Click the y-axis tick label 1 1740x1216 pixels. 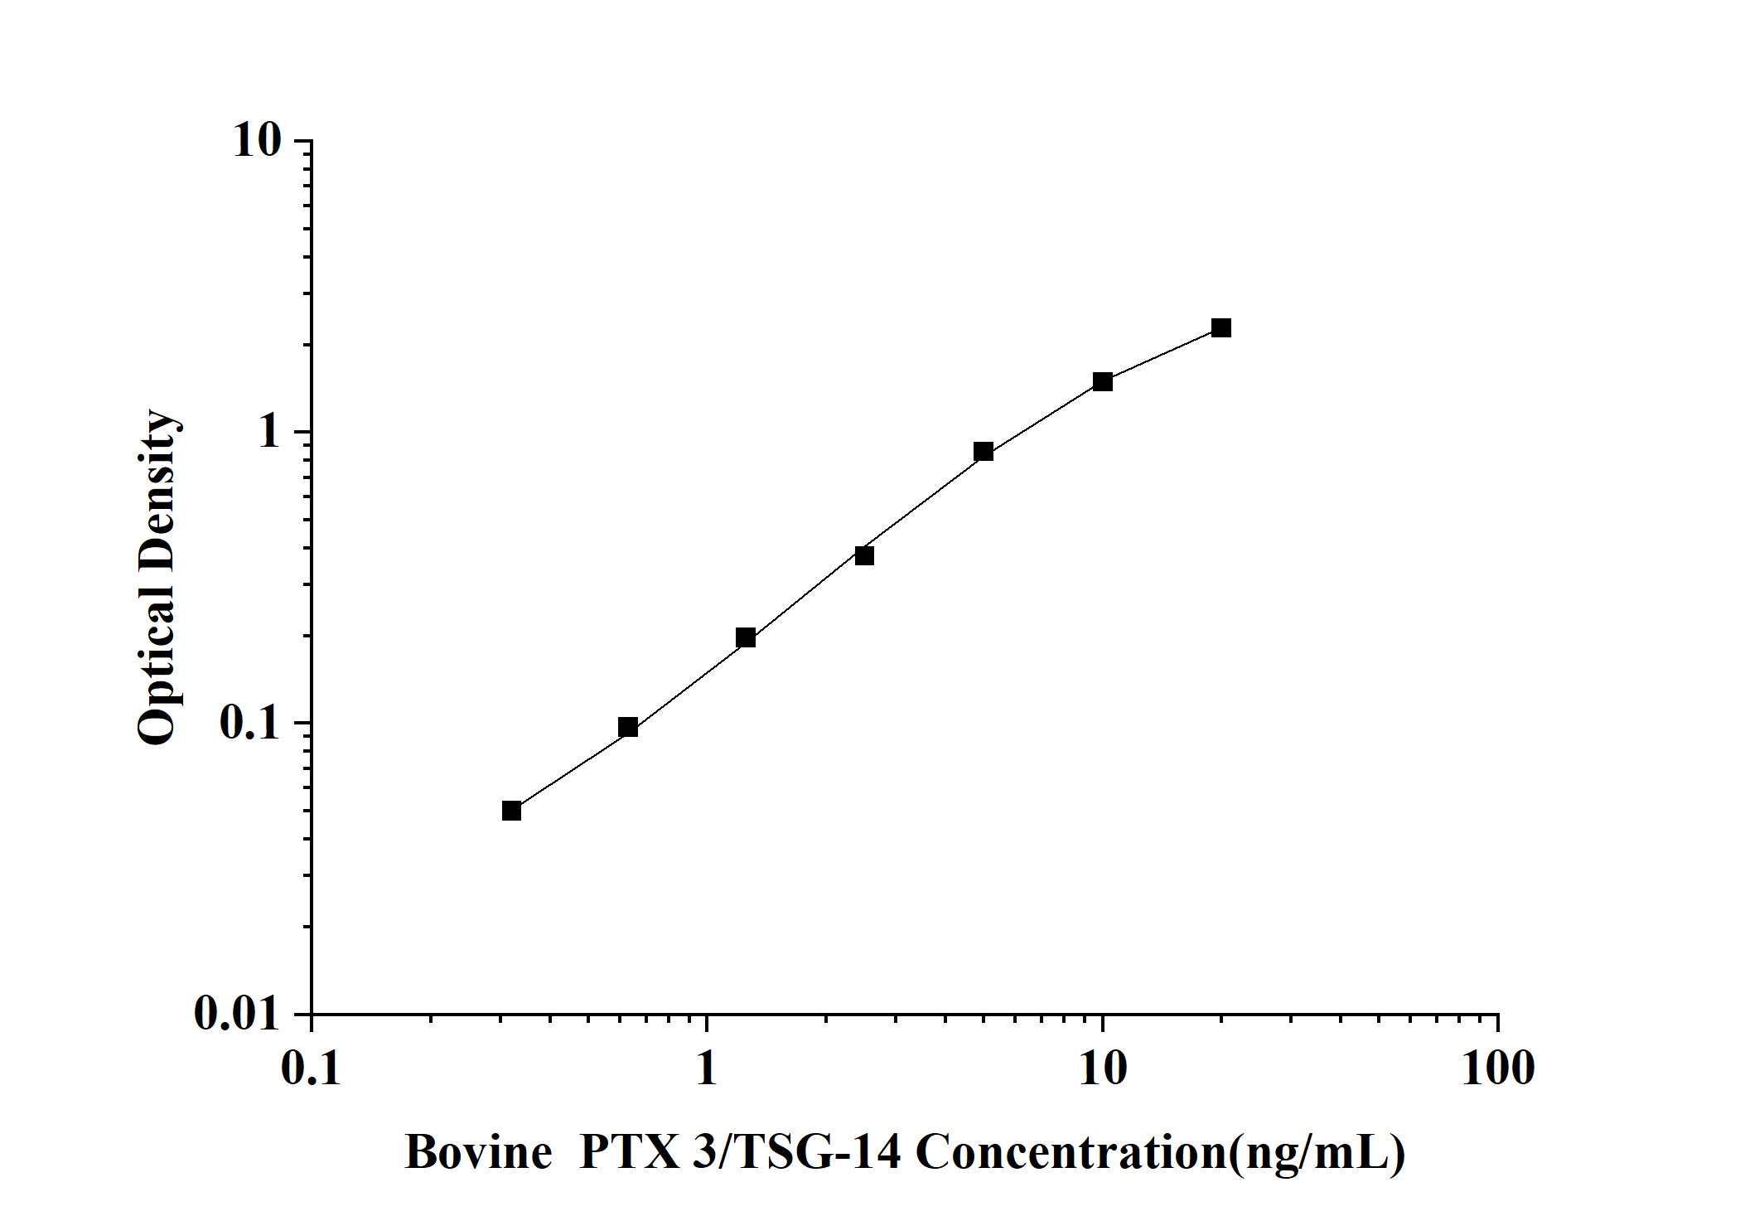tap(270, 433)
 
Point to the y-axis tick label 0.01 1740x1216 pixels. tap(238, 1013)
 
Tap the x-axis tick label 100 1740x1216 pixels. tap(1497, 1068)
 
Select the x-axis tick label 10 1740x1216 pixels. tap(1103, 1068)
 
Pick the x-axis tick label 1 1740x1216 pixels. tap(706, 1068)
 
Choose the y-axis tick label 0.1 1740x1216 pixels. tap(250, 723)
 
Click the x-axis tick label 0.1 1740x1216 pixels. tap(312, 1068)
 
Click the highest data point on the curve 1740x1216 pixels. tap(1221, 327)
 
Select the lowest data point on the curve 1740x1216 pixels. tap(512, 810)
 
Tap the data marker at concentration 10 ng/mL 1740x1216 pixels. tap(1103, 381)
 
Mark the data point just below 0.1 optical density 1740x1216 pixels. tap(628, 727)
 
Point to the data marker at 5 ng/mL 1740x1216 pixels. tap(984, 451)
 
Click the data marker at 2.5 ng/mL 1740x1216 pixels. tap(864, 555)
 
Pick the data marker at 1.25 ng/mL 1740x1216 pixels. tap(746, 637)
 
